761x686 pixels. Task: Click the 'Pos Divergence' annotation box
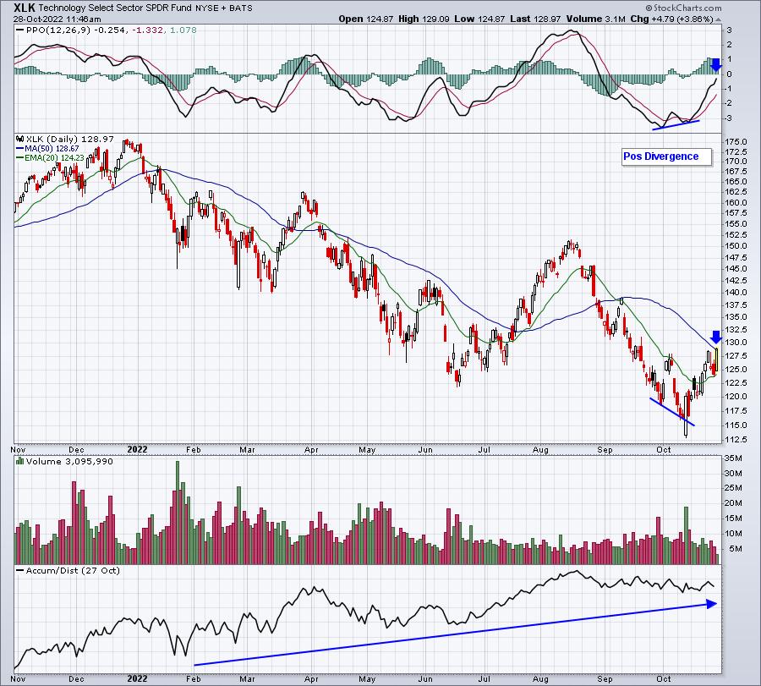667,156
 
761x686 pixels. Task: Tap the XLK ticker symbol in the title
25,8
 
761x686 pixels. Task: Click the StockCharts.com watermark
683,8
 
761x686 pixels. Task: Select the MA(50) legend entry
47,148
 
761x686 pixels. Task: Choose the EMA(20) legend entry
50,157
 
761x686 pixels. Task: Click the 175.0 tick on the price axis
736,142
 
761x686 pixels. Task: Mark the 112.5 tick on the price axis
736,439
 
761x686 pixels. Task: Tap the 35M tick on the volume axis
733,458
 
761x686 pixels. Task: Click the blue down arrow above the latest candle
716,337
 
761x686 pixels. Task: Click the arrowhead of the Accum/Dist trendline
712,604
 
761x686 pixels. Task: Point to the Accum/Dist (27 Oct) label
73,570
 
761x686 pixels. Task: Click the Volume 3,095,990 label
69,461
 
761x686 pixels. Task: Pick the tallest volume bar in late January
178,513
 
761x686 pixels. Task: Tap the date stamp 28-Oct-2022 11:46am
57,19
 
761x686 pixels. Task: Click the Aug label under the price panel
540,449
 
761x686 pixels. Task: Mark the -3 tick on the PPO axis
729,118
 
